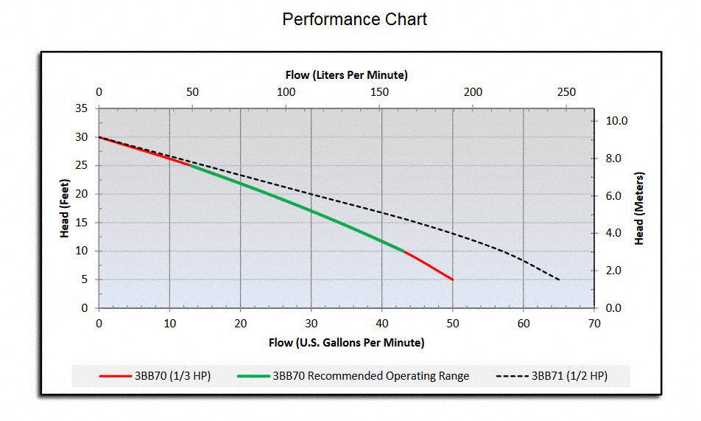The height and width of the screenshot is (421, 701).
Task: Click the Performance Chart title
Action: click(x=354, y=19)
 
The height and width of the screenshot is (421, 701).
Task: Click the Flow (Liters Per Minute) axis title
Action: click(x=346, y=74)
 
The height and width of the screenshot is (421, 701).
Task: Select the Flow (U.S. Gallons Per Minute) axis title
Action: click(x=346, y=342)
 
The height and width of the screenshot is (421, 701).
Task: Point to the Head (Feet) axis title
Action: click(x=65, y=208)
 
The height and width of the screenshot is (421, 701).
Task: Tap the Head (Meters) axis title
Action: click(x=639, y=208)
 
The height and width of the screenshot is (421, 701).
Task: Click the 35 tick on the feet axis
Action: click(x=81, y=108)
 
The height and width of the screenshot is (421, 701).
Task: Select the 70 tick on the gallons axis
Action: click(x=594, y=322)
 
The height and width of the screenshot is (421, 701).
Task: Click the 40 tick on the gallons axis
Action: click(x=381, y=322)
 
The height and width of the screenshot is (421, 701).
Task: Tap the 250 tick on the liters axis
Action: click(x=566, y=92)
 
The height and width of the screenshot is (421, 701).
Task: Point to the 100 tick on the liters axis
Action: click(x=286, y=92)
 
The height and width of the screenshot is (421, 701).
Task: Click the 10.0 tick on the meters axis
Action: click(x=617, y=121)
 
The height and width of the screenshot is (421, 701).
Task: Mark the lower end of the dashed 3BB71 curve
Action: click(x=559, y=280)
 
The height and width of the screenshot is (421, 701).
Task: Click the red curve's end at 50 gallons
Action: click(x=452, y=279)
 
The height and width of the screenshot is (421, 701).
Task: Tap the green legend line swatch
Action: click(x=253, y=376)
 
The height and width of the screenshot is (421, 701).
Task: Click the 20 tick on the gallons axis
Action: click(x=240, y=322)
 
